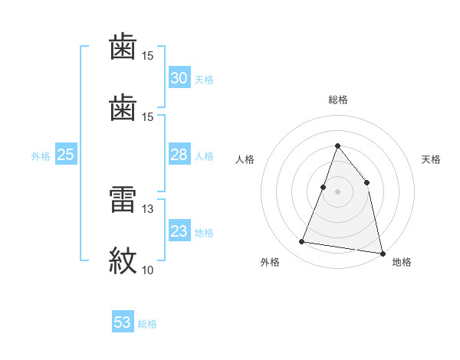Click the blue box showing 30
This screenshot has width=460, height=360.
pyautogui.click(x=179, y=78)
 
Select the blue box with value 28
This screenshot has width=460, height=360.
pyautogui.click(x=179, y=155)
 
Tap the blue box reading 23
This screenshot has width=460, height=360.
pyautogui.click(x=179, y=231)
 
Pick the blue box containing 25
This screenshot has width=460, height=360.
pyautogui.click(x=66, y=155)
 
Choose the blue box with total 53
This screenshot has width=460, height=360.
pyautogui.click(x=123, y=322)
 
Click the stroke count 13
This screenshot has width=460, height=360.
pyautogui.click(x=147, y=208)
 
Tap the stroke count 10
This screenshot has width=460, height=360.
pyautogui.click(x=147, y=270)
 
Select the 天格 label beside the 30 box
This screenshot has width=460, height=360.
pyautogui.click(x=204, y=80)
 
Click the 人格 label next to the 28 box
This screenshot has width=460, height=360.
pyautogui.click(x=204, y=156)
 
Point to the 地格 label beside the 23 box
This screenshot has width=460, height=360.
pyautogui.click(x=204, y=233)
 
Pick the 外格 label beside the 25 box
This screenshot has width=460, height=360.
pyautogui.click(x=41, y=156)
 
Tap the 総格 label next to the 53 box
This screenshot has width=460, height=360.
pyautogui.click(x=147, y=324)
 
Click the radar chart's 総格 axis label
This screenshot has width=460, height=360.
pyautogui.click(x=337, y=100)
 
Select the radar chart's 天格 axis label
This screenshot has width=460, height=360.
pyautogui.click(x=432, y=159)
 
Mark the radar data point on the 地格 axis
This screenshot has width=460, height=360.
pyautogui.click(x=382, y=253)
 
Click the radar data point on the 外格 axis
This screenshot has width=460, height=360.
pyautogui.click(x=302, y=242)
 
